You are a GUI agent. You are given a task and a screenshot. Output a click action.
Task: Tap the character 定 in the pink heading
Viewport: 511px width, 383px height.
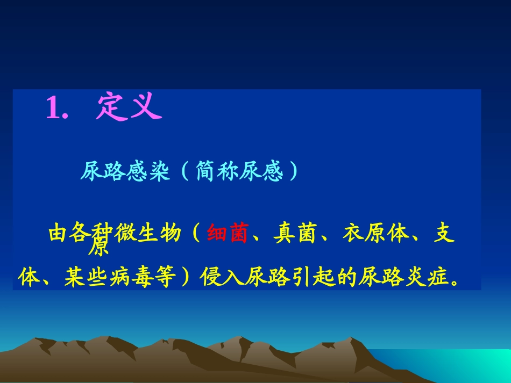pos(111,107)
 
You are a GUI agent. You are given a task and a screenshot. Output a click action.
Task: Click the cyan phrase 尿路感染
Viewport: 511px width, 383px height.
pos(125,172)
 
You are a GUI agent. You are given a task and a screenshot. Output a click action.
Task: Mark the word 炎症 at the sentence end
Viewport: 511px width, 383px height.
pos(427,278)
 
